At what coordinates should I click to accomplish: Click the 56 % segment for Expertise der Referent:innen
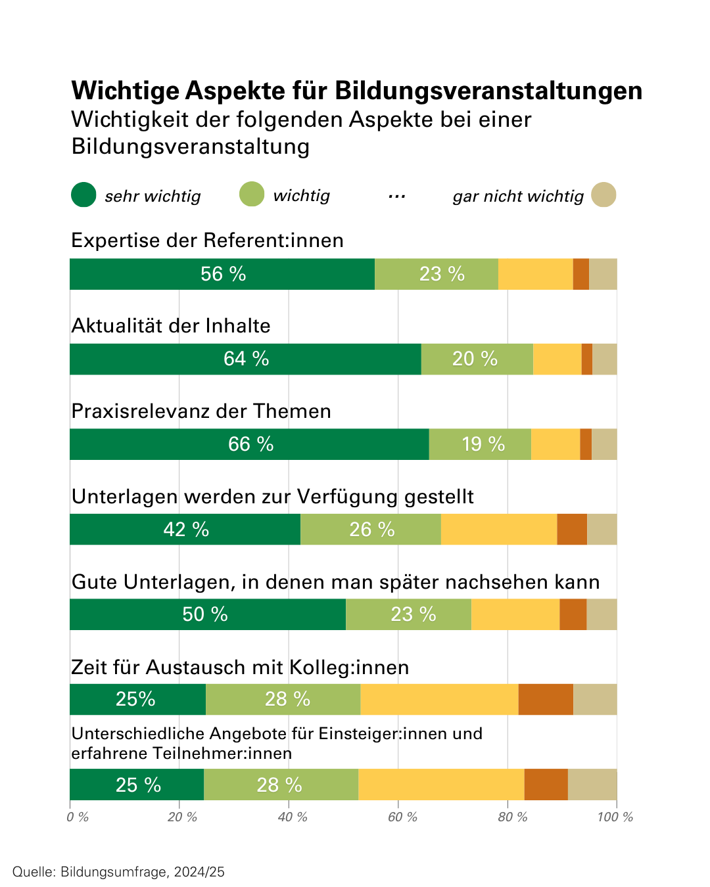point(222,274)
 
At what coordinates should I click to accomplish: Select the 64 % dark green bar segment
point(245,359)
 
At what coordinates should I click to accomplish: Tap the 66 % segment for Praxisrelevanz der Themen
point(249,444)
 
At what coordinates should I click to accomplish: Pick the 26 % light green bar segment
point(371,530)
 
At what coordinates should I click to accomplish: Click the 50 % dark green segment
point(208,614)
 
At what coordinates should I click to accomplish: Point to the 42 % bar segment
point(185,530)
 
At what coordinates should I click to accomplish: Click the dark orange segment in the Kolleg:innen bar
point(546,699)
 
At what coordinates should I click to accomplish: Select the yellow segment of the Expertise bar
point(536,274)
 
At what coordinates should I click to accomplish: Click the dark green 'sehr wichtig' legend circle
point(83,194)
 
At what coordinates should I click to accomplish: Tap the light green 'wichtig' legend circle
point(252,194)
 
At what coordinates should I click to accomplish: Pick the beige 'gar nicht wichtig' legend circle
point(603,194)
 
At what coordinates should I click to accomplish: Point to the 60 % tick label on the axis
point(402,817)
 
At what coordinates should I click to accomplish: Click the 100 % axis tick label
point(615,817)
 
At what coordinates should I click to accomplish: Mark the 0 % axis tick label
point(78,817)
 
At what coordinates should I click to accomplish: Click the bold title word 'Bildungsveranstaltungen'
point(488,91)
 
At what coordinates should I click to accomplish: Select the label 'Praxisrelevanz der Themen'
point(201,411)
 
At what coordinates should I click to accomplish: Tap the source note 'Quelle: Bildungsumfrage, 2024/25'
point(118,872)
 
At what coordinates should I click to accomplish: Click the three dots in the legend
point(397,196)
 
